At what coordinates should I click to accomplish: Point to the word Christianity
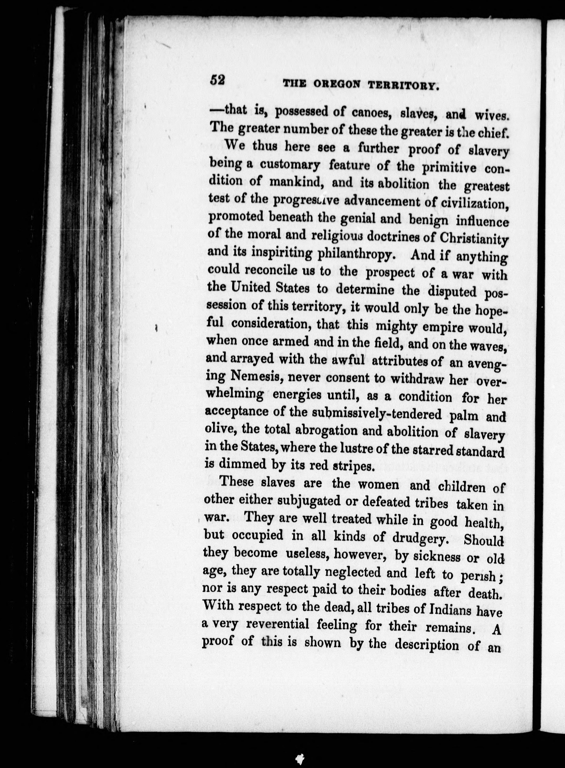click(x=473, y=238)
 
